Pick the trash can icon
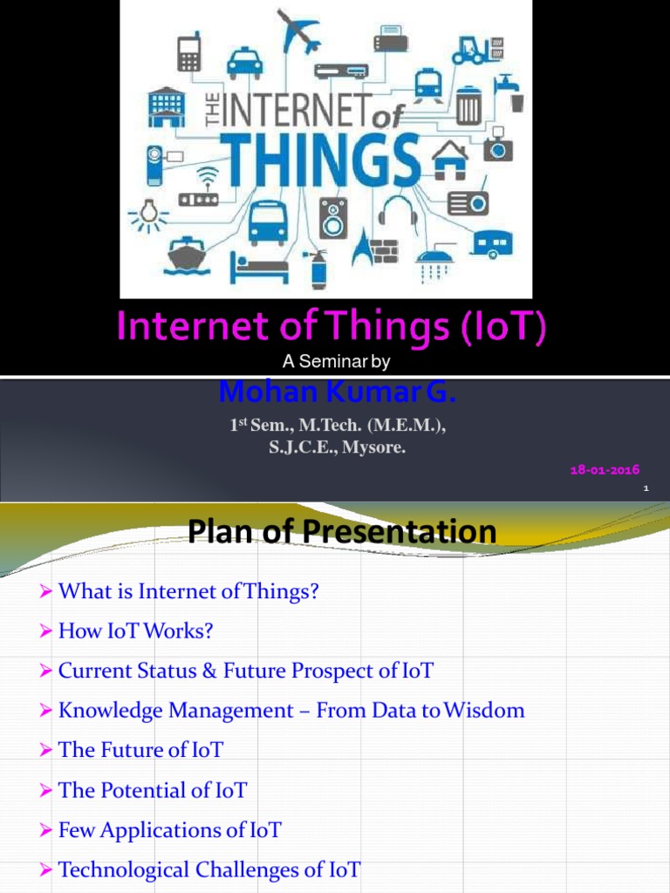click(468, 105)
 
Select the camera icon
click(498, 146)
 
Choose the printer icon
click(387, 37)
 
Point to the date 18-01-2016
click(605, 469)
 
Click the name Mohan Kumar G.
click(337, 392)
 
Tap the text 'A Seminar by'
click(336, 362)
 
